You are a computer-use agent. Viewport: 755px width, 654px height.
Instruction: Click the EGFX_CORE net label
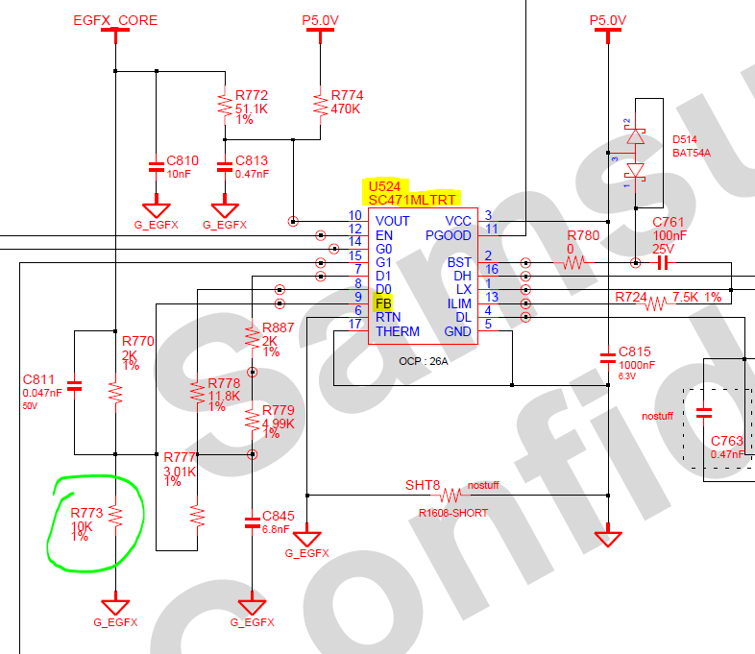pos(115,19)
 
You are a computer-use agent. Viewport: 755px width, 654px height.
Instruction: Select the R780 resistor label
pos(583,235)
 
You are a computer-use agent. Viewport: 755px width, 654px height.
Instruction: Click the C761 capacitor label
pos(669,222)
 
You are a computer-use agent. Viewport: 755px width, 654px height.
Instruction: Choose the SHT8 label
pos(422,485)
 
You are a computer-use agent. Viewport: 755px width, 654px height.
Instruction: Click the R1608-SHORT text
pos(453,513)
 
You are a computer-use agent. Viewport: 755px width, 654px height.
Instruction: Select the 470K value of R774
pos(345,109)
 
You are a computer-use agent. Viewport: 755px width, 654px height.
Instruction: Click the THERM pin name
pos(398,331)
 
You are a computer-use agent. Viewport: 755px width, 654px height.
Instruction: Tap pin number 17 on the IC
pos(354,324)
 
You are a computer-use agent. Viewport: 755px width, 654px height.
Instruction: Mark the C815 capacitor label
pos(635,351)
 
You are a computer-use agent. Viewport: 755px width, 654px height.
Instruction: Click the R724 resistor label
pos(631,297)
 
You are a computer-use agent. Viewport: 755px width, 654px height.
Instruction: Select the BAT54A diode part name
pos(692,152)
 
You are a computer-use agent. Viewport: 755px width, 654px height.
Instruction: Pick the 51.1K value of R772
pos(250,109)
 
